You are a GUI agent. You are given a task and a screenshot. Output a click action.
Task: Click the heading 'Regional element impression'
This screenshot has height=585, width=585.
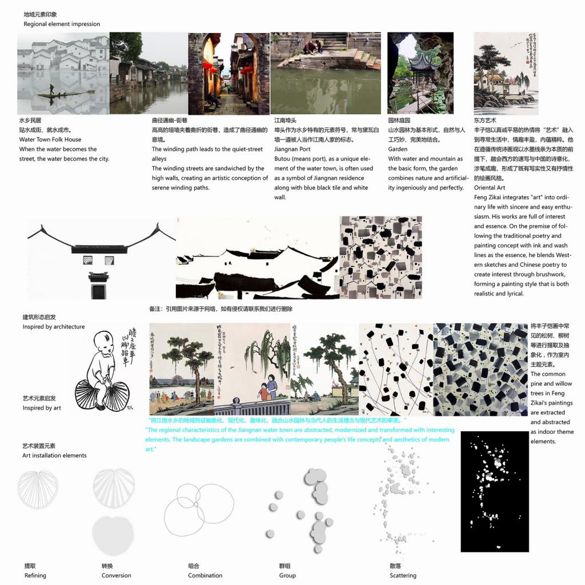click(62, 24)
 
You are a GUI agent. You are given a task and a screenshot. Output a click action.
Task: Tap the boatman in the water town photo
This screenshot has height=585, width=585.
click(51, 90)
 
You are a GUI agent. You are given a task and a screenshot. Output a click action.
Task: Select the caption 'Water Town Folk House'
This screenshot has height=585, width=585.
click(50, 139)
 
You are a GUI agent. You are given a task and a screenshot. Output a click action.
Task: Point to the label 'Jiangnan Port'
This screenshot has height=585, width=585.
click(293, 149)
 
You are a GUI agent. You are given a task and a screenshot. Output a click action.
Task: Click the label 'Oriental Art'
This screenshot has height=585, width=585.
click(489, 187)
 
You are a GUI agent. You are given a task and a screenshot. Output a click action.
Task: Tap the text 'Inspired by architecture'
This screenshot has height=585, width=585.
click(54, 327)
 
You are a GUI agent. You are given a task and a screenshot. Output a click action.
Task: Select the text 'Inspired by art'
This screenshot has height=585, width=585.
click(42, 408)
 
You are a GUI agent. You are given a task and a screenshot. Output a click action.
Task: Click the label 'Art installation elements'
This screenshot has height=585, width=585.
click(54, 455)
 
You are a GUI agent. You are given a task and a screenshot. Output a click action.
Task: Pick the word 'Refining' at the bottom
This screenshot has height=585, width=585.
click(35, 575)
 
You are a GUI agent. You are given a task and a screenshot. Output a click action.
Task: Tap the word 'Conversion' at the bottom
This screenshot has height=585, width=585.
click(116, 575)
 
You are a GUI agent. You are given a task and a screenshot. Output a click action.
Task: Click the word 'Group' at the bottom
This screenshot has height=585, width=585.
click(287, 575)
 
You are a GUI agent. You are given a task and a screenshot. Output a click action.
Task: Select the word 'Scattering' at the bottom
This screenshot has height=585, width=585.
click(403, 575)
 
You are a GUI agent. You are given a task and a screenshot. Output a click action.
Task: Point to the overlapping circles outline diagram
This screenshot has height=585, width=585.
click(199, 506)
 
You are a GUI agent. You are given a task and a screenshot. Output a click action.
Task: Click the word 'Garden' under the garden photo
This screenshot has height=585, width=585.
click(398, 149)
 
